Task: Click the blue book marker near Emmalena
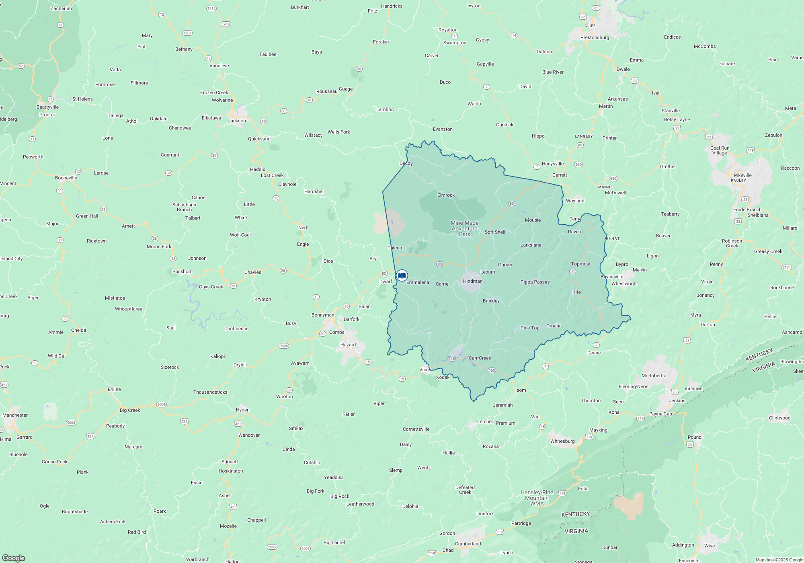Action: [402, 275]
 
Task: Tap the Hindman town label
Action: [472, 281]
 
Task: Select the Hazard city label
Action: [348, 345]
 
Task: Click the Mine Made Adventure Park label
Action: [465, 228]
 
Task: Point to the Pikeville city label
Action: [742, 175]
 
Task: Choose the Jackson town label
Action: [237, 121]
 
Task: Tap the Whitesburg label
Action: [562, 441]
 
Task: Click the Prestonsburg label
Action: [595, 37]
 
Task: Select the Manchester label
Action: [15, 415]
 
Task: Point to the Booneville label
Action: [66, 178]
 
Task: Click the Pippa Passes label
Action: [535, 282]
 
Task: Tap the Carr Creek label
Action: [480, 358]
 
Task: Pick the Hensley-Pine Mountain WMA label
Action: [537, 498]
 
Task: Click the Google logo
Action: [14, 558]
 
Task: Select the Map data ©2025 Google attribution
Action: [779, 560]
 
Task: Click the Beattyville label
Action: [47, 107]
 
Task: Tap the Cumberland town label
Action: [468, 544]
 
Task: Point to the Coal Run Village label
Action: [720, 150]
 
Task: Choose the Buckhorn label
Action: [182, 271]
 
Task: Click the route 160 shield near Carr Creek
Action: [492, 370]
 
